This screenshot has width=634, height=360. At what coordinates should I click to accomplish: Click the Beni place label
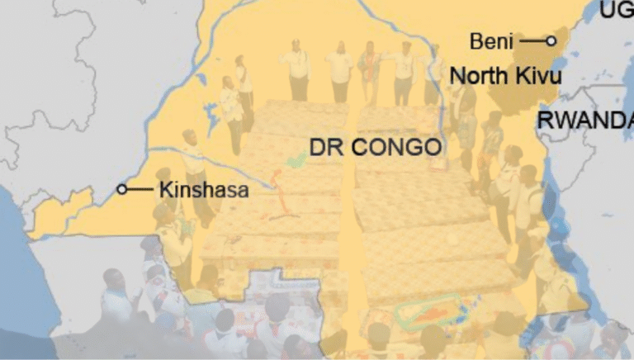tap(491, 40)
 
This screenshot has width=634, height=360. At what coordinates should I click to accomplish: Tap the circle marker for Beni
tap(551, 40)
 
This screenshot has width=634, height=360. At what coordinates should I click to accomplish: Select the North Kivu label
tap(506, 77)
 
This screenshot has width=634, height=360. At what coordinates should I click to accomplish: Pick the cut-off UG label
tap(616, 11)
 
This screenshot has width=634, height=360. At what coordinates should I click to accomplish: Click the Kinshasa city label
tap(203, 189)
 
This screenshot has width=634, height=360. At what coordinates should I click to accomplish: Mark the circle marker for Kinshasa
tap(122, 189)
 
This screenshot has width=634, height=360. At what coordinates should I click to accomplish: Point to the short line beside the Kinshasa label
tap(140, 189)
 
